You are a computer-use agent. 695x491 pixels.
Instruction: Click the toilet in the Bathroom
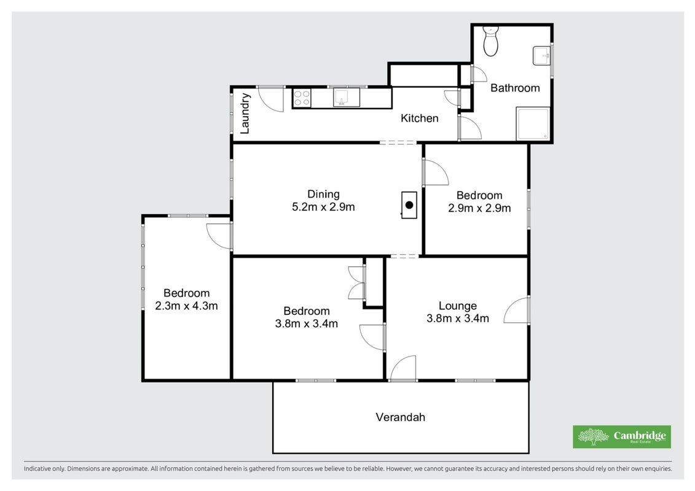click(490, 41)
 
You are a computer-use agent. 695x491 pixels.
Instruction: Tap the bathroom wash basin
click(541, 55)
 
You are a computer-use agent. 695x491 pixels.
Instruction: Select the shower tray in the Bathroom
click(533, 123)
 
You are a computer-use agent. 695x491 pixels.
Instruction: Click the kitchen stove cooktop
click(302, 98)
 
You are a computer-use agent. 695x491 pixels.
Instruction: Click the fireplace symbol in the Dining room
click(409, 205)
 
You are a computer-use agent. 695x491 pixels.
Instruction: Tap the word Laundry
click(245, 114)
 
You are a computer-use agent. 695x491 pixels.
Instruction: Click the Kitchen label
click(419, 118)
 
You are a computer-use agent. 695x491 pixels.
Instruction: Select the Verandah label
click(400, 417)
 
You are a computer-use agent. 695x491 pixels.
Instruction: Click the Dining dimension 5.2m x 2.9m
click(323, 207)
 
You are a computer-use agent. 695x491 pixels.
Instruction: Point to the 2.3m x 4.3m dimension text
click(186, 306)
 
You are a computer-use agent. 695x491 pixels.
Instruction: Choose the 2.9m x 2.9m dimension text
click(479, 208)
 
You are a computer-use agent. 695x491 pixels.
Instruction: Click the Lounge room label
click(458, 306)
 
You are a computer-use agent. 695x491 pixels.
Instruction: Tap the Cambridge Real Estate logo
click(622, 436)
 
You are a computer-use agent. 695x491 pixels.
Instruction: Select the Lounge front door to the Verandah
click(403, 368)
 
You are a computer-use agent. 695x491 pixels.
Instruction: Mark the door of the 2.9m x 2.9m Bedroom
click(436, 172)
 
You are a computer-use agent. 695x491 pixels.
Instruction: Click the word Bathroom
click(515, 88)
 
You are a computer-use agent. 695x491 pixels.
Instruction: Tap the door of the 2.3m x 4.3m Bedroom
click(219, 236)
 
